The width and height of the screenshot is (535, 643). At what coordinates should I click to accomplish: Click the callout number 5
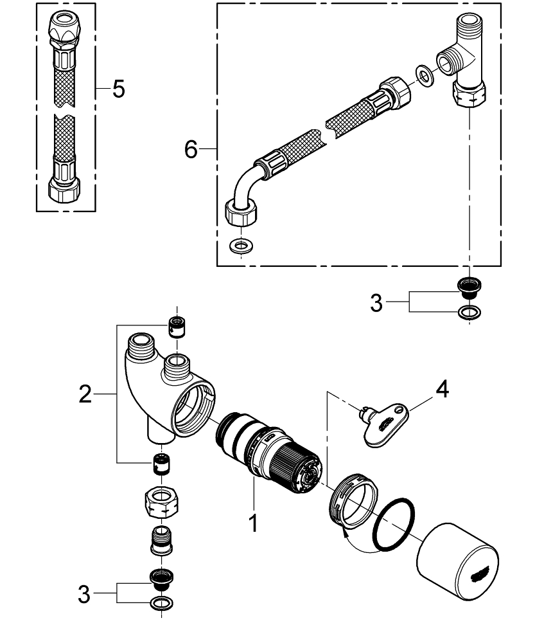[x=118, y=89]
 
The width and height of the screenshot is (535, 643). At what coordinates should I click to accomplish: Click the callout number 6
[x=191, y=150]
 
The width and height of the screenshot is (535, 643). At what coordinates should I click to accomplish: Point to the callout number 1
[x=254, y=523]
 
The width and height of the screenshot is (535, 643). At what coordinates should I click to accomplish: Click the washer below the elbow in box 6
[x=240, y=246]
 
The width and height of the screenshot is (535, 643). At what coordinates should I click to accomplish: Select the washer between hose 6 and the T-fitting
[x=425, y=75]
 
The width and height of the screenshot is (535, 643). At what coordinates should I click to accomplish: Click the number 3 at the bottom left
[x=84, y=594]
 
